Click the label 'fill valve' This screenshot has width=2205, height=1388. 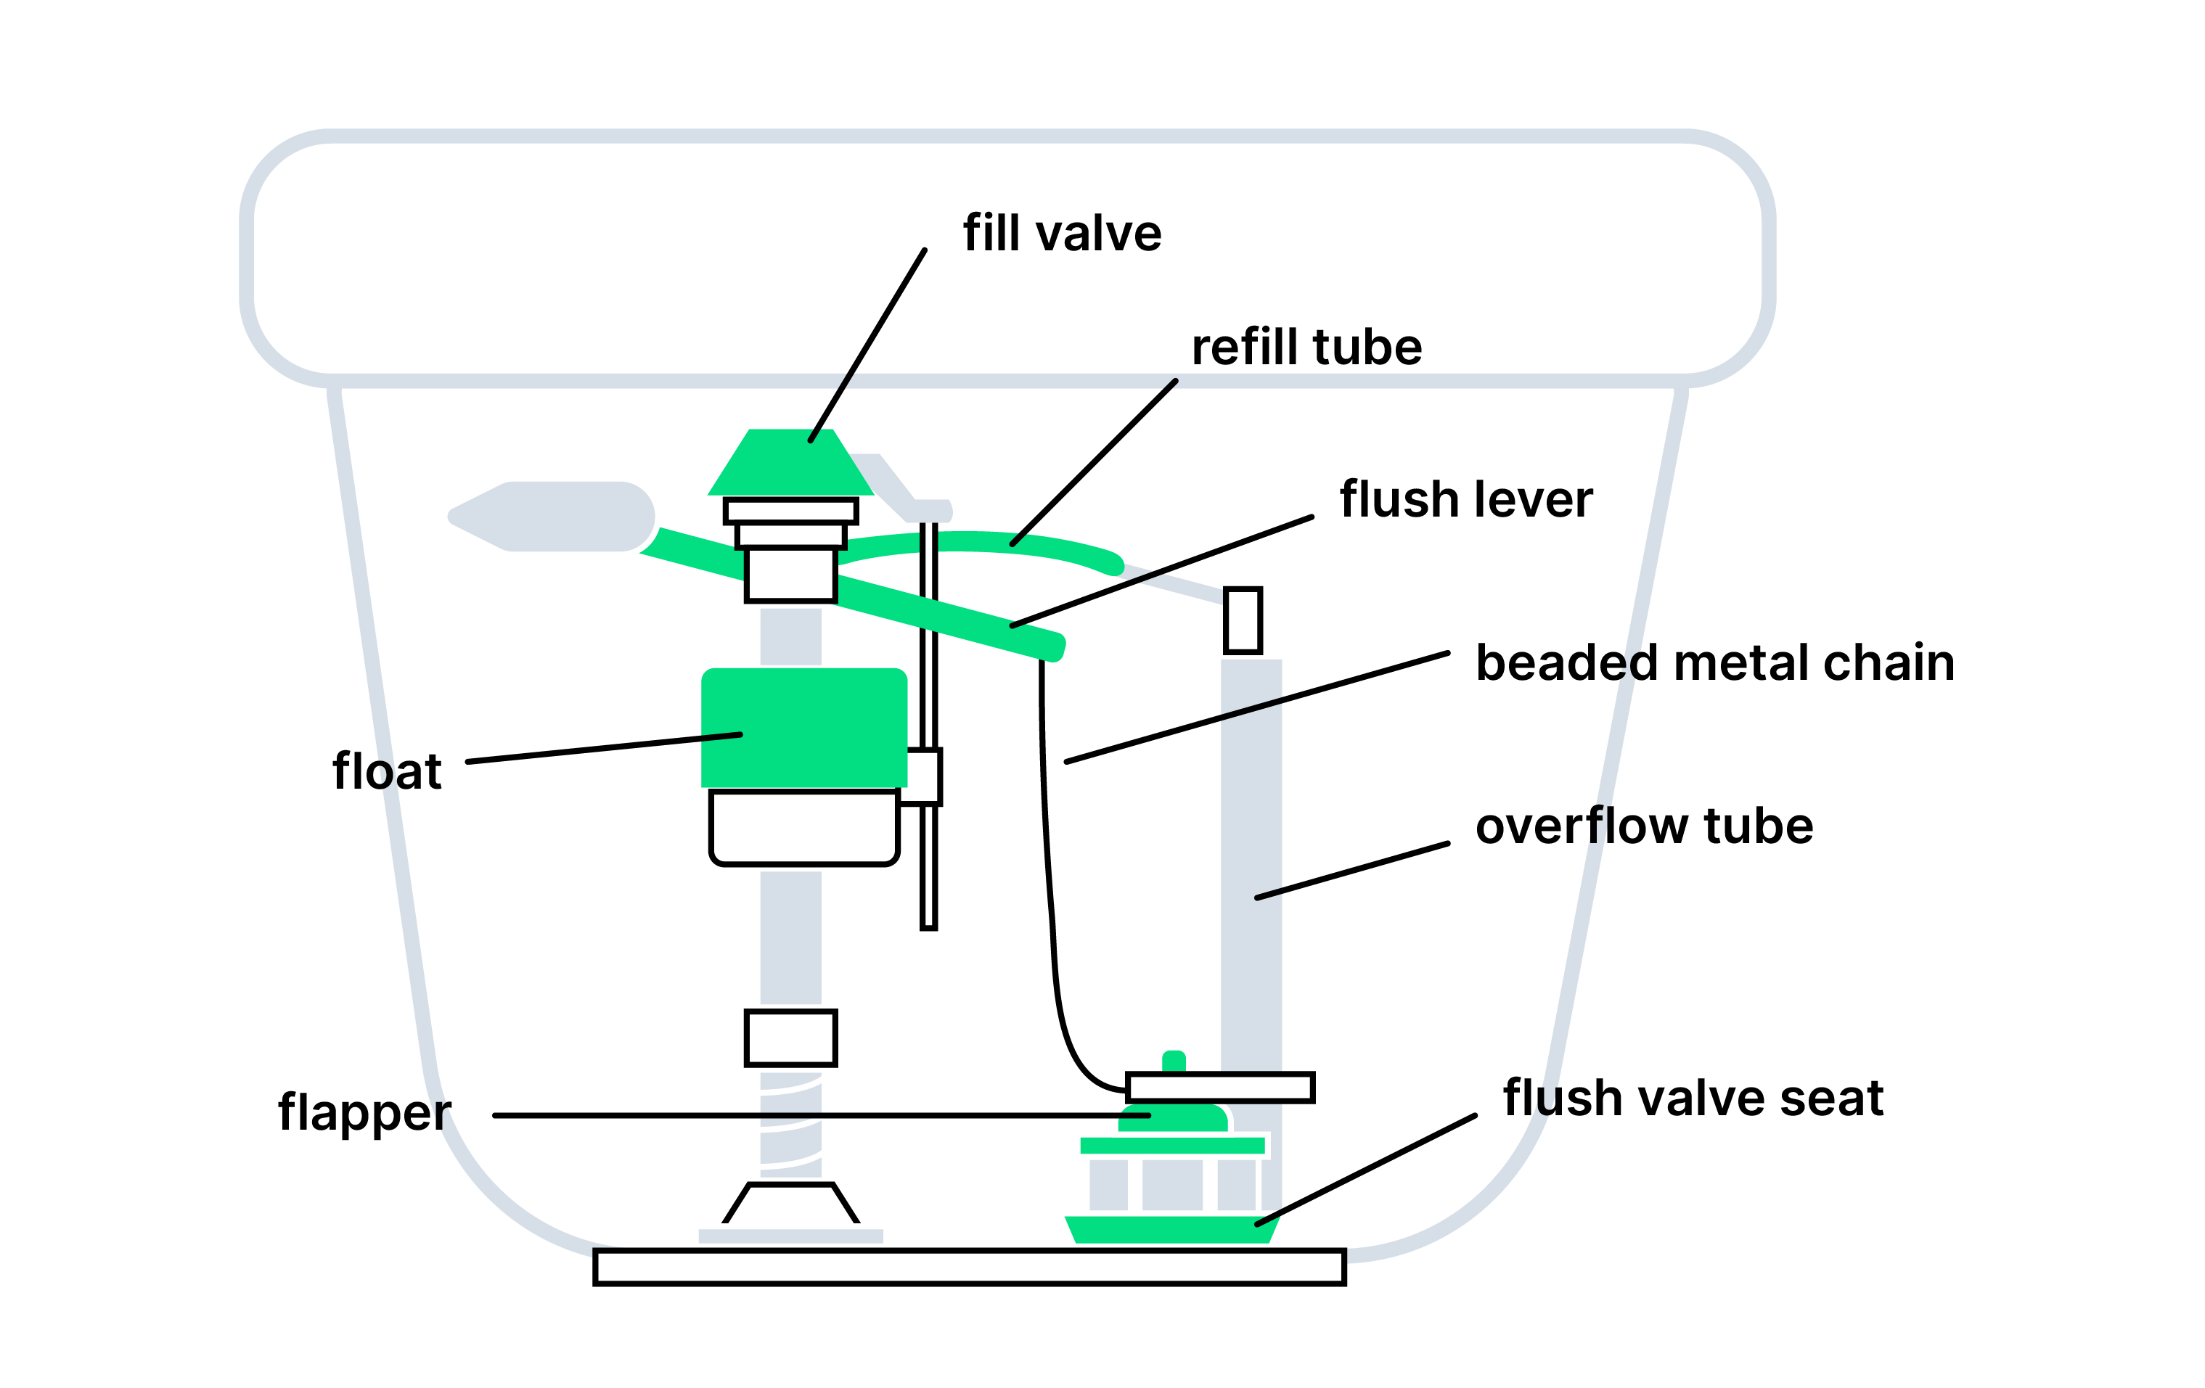tap(1061, 233)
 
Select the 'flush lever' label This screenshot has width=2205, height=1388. tap(1465, 500)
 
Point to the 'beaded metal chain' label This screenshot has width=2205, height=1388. tap(1714, 663)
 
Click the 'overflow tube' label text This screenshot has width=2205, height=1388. tap(1644, 826)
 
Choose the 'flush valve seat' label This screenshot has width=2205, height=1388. tap(1692, 1098)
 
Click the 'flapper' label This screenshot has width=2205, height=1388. tap(364, 1112)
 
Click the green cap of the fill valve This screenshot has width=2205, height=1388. tap(790, 462)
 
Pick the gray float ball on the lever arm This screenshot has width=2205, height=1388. tap(559, 517)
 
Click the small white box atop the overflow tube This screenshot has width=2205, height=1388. tap(1243, 620)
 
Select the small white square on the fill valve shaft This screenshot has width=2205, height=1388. tap(790, 1038)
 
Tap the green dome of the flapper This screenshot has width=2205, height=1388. tap(1172, 1119)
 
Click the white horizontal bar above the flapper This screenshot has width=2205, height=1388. tap(1219, 1088)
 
